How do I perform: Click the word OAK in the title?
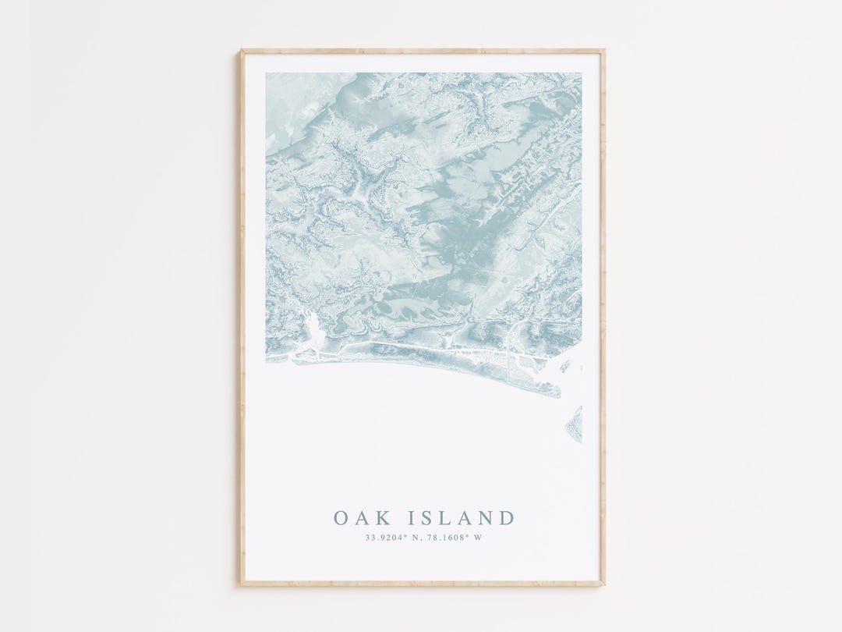click(x=360, y=518)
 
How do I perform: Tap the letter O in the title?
click(x=341, y=518)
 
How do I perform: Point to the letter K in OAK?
click(x=380, y=518)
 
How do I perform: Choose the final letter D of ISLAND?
click(x=507, y=518)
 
